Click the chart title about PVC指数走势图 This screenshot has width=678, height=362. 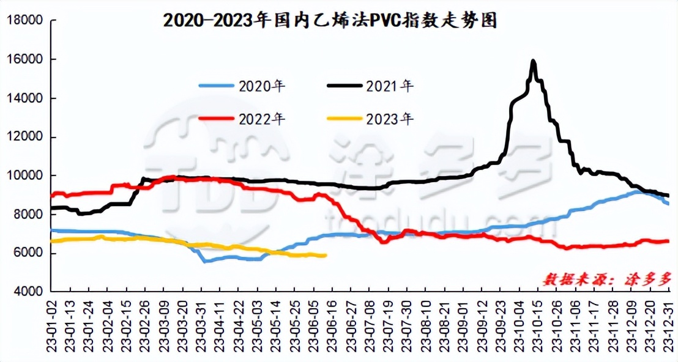[x=330, y=21]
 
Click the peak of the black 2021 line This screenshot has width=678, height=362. [x=533, y=61]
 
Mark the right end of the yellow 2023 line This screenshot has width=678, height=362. [x=325, y=256]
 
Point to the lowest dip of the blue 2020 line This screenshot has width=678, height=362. [x=205, y=261]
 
